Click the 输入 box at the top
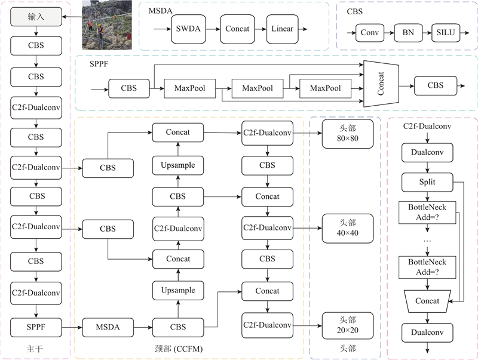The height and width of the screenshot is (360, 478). click(36, 19)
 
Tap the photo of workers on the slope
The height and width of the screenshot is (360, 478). click(105, 26)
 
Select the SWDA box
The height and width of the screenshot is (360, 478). click(189, 29)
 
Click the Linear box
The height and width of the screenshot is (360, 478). click(283, 29)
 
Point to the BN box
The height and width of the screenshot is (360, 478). click(408, 34)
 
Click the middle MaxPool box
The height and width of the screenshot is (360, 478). click(258, 88)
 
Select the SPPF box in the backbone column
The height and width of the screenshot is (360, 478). click(36, 327)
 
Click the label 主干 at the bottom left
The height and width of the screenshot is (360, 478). click(36, 349)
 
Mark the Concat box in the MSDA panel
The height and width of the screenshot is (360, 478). click(237, 29)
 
